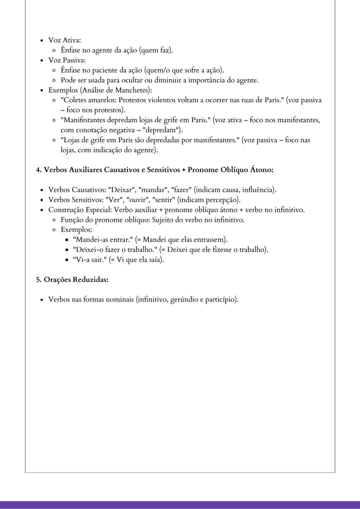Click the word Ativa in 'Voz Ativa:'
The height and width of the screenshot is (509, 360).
[72, 40]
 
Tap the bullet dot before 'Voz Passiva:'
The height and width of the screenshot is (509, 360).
[42, 60]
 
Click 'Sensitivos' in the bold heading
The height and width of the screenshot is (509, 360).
[163, 170]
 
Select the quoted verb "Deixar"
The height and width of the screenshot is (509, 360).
[122, 190]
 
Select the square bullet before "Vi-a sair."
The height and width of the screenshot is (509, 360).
[67, 260]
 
